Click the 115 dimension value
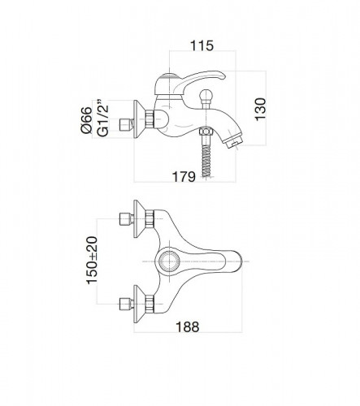pyautogui.click(x=202, y=45)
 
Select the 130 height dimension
pyautogui.click(x=261, y=110)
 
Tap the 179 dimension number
pyautogui.click(x=184, y=177)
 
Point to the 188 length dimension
pyautogui.click(x=188, y=326)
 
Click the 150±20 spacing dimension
pyautogui.click(x=92, y=260)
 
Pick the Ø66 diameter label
pyautogui.click(x=86, y=119)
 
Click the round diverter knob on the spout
pyautogui.click(x=205, y=96)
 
